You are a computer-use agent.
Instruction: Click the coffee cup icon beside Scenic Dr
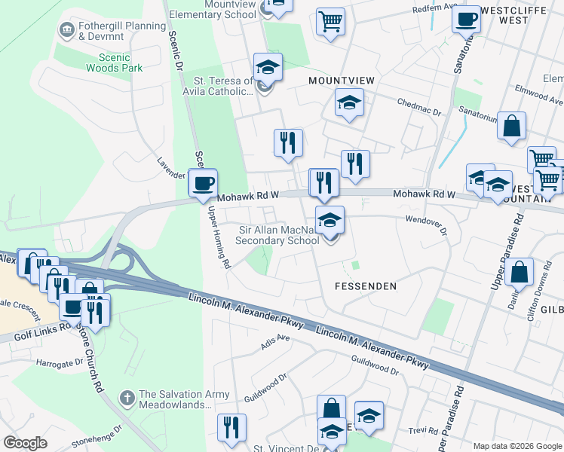coord(202,184)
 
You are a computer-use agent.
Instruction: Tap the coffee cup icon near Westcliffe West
coord(467,19)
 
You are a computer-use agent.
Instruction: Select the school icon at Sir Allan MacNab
coord(330,221)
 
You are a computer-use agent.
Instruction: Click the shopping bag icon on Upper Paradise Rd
coord(520,273)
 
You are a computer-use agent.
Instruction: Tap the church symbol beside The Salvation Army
coord(127,396)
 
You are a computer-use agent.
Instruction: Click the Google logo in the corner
coord(25,443)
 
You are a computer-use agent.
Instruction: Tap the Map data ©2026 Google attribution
coord(517,446)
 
